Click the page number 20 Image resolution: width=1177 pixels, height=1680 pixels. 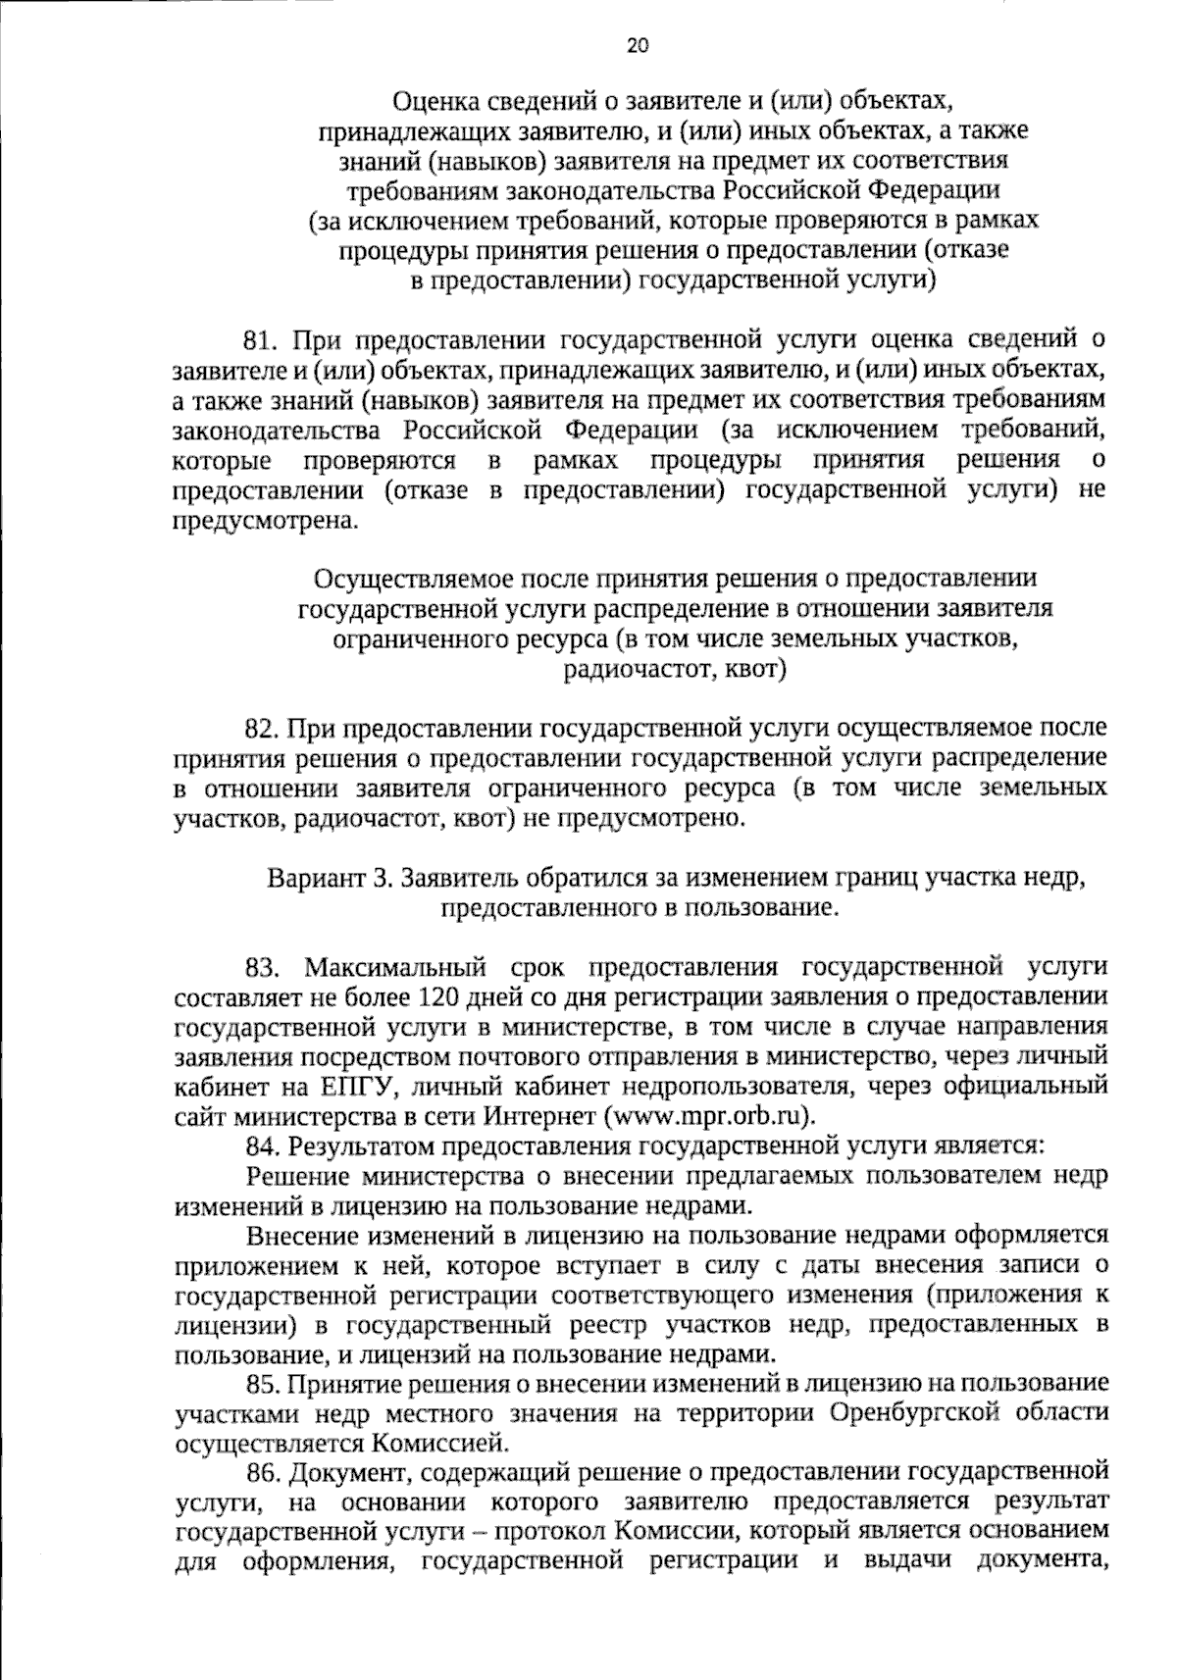click(x=639, y=46)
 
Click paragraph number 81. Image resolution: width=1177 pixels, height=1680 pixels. click(x=263, y=340)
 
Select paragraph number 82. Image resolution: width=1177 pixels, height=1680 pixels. click(x=263, y=729)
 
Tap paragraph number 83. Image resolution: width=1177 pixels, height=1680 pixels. click(x=265, y=967)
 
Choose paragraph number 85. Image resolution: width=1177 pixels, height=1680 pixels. click(x=264, y=1384)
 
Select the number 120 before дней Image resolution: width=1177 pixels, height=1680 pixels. click(x=439, y=997)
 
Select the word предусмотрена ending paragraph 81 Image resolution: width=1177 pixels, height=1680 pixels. click(x=260, y=521)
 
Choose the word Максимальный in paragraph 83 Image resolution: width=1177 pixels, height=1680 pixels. click(x=395, y=967)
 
